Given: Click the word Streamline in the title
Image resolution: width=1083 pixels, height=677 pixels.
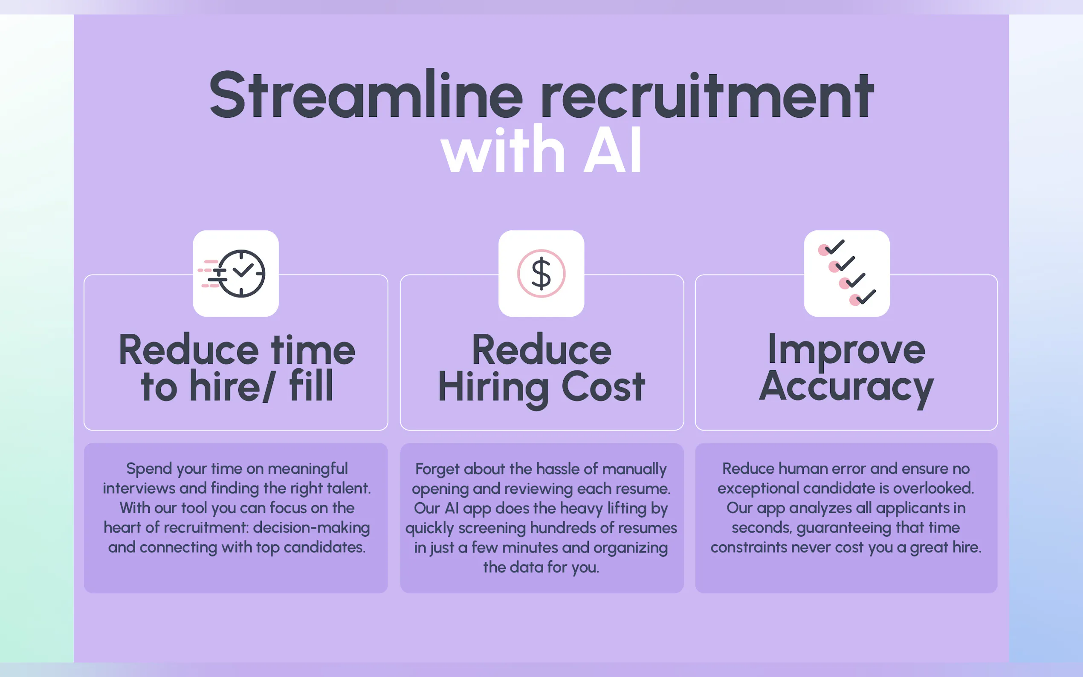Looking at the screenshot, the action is pos(366,95).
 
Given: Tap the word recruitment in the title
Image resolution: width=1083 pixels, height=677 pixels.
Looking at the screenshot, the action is pos(707,96).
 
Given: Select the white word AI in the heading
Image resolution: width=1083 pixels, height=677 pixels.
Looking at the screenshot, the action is pos(612,149).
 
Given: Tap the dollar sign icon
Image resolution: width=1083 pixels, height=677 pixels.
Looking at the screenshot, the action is pos(541,274).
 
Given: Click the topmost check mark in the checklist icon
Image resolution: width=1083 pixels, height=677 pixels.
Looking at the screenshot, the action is pos(834,247).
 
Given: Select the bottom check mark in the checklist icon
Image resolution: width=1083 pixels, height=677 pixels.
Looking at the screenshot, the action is pos(866,297).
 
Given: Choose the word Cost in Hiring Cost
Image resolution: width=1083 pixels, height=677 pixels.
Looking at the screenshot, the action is pos(603,387).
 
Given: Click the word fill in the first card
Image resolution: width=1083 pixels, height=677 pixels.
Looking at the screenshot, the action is pos(311,385).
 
